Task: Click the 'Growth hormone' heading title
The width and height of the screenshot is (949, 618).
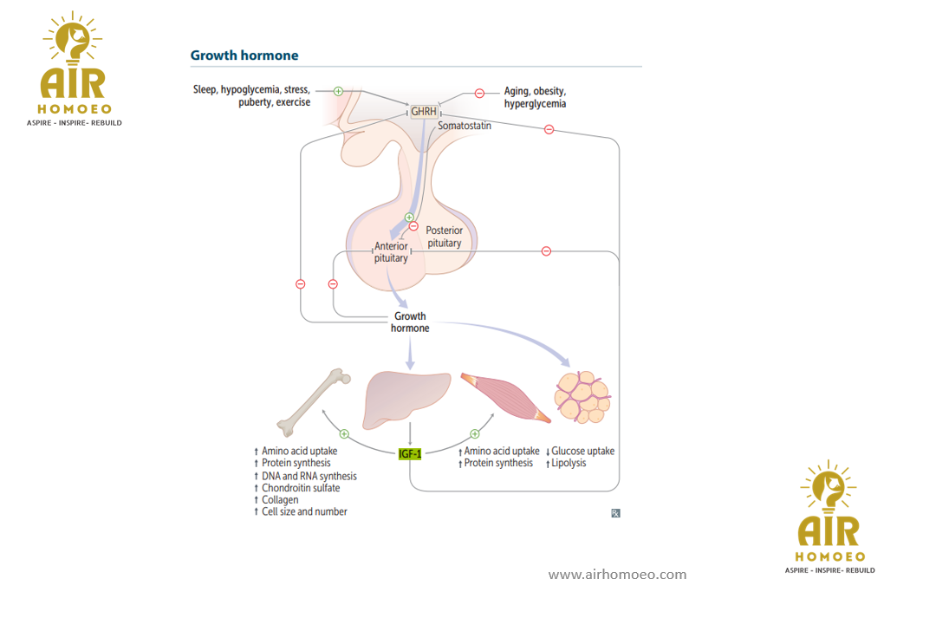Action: [244, 55]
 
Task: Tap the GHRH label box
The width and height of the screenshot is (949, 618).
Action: [424, 112]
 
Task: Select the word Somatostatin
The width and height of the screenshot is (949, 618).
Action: [465, 127]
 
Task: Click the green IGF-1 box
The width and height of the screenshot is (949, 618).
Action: [410, 453]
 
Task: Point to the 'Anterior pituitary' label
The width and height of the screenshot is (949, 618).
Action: [391, 252]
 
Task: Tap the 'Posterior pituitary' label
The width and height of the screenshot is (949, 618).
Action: [445, 237]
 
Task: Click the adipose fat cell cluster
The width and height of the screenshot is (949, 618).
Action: [582, 397]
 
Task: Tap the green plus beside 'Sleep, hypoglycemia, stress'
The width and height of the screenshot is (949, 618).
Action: [339, 90]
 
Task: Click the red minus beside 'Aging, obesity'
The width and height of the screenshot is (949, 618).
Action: [479, 94]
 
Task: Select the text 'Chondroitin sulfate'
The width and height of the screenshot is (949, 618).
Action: [301, 488]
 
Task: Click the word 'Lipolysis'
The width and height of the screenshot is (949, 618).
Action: [569, 463]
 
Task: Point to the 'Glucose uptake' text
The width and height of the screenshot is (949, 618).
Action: [582, 451]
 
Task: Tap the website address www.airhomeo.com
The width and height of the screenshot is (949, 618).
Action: [617, 575]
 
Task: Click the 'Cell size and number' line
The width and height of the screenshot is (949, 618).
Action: [304, 511]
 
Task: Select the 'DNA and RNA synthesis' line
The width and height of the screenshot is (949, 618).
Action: [309, 476]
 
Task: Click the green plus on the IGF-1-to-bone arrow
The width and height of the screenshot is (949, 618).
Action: [344, 433]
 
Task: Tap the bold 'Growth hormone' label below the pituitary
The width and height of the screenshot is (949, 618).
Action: [410, 322]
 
